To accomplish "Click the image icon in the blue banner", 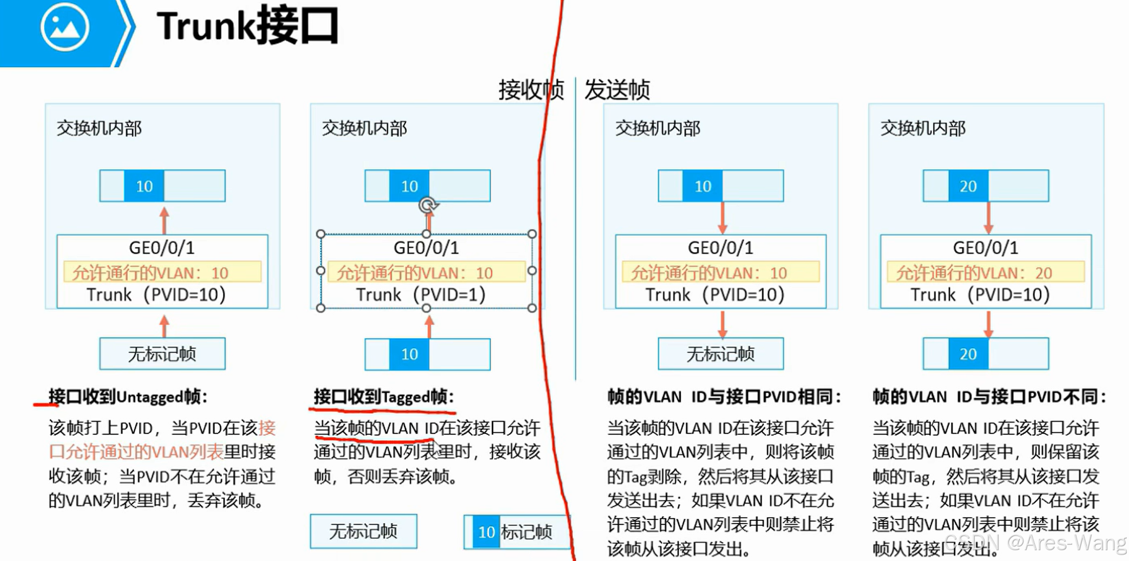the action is point(64,27).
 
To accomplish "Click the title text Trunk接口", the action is point(248,25).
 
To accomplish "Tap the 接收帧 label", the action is point(530,89).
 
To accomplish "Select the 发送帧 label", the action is point(617,89).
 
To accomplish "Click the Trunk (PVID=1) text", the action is point(421,295).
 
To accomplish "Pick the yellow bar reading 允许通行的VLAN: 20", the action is point(985,272).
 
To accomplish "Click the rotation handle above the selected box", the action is point(428,205).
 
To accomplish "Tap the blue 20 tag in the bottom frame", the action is point(968,354).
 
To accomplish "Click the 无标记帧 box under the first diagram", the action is point(162,354).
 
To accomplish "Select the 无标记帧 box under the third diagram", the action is point(720,354).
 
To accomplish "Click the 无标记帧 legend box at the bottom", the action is point(363,531).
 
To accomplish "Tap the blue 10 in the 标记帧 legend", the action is point(486,532).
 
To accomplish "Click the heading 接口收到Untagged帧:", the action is point(128,397).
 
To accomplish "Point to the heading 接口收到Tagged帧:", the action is point(383,397).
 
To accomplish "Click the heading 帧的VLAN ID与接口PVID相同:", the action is point(724,397).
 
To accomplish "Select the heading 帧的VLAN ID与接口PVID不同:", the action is point(989,397).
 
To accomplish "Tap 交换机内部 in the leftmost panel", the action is point(99,128).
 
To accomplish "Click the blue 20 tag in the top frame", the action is point(968,186).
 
